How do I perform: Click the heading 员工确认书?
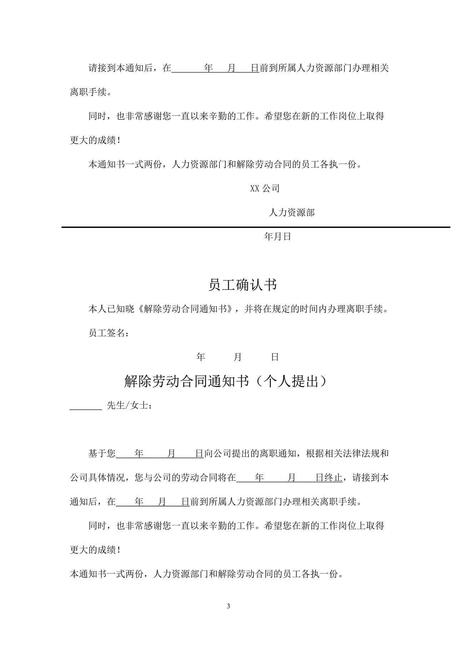pos(242,285)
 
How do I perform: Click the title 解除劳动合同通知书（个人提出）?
pos(225,381)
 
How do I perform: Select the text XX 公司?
pos(265,188)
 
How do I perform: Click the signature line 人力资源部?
pos(291,213)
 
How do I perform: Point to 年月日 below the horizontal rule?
pos(277,236)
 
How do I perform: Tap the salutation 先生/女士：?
pos(130,405)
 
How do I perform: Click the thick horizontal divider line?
pos(256,227)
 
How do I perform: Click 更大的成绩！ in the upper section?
pos(95,140)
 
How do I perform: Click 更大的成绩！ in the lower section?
pos(95,550)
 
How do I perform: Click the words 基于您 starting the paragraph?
pos(102,454)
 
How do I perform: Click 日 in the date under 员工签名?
pos(275,357)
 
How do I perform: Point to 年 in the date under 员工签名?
pos(201,357)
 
